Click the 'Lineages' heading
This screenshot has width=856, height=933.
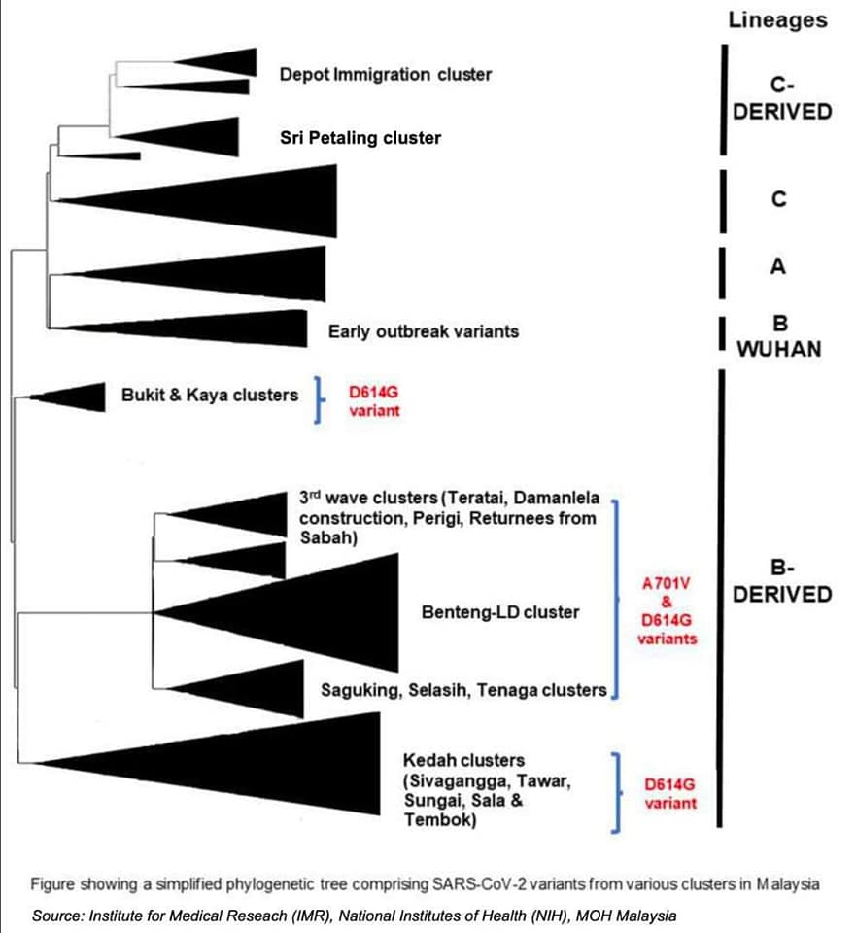(777, 20)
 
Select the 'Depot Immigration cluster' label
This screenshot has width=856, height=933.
(386, 75)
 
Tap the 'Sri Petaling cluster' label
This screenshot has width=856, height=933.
(360, 137)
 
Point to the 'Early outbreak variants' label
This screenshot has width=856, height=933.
(424, 331)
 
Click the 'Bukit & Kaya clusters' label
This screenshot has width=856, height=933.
(210, 395)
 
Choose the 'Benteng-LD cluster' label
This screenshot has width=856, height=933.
(500, 612)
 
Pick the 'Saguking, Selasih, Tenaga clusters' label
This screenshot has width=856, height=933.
(463, 690)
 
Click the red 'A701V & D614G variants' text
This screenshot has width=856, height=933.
(667, 611)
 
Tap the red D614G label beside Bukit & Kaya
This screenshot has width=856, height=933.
(374, 401)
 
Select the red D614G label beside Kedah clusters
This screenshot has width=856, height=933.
(670, 793)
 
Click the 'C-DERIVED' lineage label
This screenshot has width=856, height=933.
(781, 99)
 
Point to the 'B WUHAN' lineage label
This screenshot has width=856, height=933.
(779, 336)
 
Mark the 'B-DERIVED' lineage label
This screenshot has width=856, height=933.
(781, 581)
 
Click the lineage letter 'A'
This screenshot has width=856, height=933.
(778, 266)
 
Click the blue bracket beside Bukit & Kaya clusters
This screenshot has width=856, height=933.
(319, 399)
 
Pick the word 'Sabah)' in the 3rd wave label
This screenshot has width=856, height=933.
(328, 537)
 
